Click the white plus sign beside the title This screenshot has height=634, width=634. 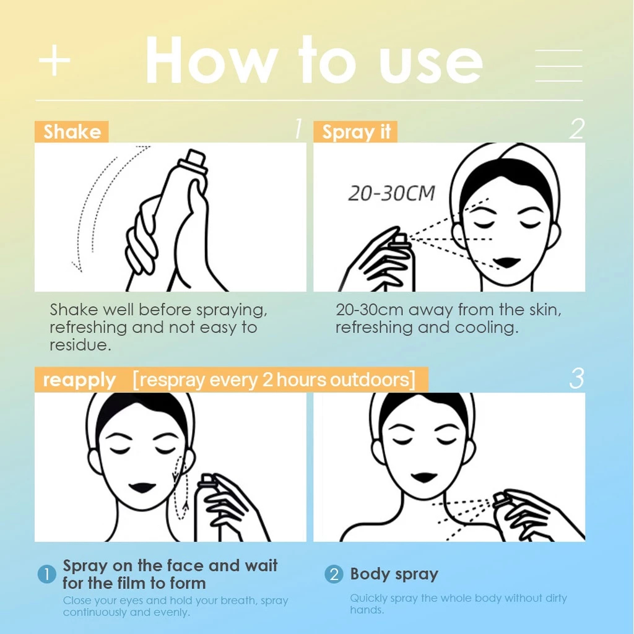click(54, 61)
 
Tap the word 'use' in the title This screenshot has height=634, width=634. click(431, 64)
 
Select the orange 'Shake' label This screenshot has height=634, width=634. click(72, 132)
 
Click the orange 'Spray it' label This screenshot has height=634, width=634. click(355, 132)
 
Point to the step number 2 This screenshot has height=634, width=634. click(576, 129)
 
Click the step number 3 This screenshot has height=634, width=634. click(576, 379)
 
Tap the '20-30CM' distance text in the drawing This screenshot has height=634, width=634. click(391, 193)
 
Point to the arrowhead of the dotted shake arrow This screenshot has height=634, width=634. click(77, 267)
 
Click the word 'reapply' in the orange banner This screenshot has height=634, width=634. click(79, 380)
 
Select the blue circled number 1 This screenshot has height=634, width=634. click(47, 574)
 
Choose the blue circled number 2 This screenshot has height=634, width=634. click(334, 574)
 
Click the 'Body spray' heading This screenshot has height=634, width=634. click(394, 574)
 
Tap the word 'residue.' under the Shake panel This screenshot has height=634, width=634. click(80, 345)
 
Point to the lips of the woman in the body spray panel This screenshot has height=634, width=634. click(423, 477)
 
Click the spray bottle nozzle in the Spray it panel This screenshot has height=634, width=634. click(401, 239)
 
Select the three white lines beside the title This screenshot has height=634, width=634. click(559, 66)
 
